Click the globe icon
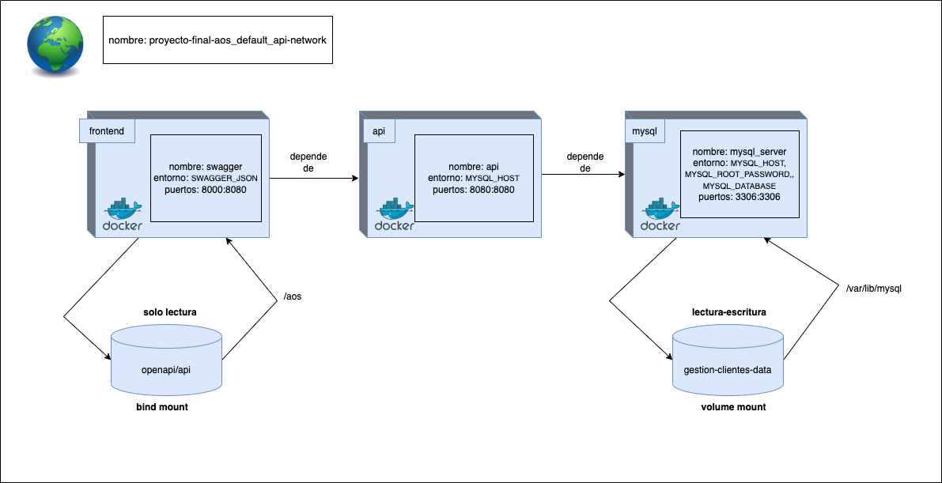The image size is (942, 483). click(x=56, y=46)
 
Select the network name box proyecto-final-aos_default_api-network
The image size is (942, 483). click(x=218, y=39)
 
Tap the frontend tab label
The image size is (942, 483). click(x=107, y=130)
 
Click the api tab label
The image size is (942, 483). click(x=379, y=130)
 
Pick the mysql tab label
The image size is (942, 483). click(x=644, y=130)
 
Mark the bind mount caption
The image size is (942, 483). click(x=162, y=407)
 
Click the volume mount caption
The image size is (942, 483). click(x=733, y=407)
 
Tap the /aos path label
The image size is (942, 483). click(x=293, y=296)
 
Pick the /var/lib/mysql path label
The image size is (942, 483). click(x=873, y=289)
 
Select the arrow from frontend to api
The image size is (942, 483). click(x=314, y=179)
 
